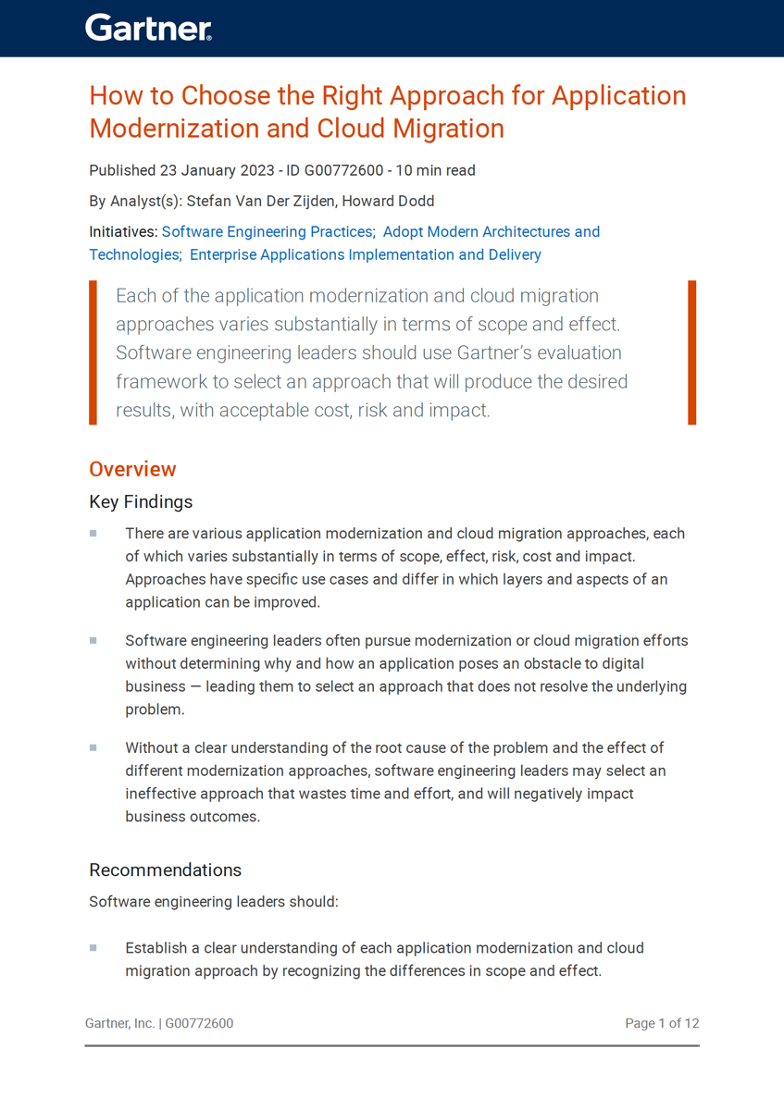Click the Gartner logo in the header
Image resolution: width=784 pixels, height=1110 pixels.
point(148,28)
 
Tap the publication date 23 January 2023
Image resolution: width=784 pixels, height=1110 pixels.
point(217,170)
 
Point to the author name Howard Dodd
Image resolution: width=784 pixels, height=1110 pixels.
point(388,201)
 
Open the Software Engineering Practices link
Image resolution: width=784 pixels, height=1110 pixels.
point(268,231)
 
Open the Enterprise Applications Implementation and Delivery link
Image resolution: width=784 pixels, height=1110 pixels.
point(365,254)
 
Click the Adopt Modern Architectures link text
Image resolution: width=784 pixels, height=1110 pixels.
point(491,231)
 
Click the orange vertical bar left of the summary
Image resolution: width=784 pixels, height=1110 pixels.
point(93,352)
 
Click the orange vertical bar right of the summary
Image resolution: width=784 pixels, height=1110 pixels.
point(691,352)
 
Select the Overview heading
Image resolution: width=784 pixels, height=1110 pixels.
point(132,469)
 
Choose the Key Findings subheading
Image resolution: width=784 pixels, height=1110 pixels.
point(141,502)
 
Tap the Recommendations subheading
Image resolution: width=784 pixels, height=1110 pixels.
point(165,870)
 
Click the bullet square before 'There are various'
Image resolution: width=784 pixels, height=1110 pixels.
point(93,534)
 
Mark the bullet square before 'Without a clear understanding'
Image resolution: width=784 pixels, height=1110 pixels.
point(93,747)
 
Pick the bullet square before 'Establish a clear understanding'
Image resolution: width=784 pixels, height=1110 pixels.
point(93,948)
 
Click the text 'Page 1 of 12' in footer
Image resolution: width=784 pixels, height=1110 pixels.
point(661,1023)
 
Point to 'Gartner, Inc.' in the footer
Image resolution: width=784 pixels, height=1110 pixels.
point(119,1023)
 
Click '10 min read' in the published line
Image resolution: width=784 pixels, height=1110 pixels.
point(435,170)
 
